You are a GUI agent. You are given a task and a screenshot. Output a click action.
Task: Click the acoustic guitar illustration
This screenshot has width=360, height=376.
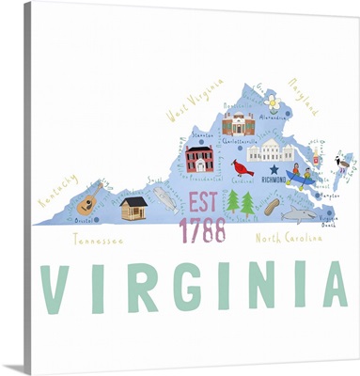[90, 199]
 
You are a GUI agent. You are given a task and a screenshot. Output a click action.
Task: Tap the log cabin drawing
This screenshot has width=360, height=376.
[133, 208]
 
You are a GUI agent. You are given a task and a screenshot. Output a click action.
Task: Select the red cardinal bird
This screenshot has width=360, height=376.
[243, 167]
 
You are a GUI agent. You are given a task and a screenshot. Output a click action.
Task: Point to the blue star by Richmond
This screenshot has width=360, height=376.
[274, 170]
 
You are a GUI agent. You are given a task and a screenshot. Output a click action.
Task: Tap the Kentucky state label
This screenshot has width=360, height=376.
[57, 191]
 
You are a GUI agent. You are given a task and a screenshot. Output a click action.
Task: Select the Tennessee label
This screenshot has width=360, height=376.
[98, 240]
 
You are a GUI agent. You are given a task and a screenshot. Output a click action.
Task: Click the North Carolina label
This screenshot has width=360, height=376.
[290, 239]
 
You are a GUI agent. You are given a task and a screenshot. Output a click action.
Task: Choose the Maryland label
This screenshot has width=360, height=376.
[304, 98]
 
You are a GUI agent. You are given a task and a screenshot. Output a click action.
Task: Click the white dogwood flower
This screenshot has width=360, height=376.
[273, 101]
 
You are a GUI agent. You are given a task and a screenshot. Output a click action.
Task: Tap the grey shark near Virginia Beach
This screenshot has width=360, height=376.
[298, 216]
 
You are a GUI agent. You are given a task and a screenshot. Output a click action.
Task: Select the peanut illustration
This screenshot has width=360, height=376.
[272, 206]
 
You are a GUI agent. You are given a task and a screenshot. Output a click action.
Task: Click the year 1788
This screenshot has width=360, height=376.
[202, 229]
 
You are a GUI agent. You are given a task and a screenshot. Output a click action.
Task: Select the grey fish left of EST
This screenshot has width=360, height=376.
[164, 198]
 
